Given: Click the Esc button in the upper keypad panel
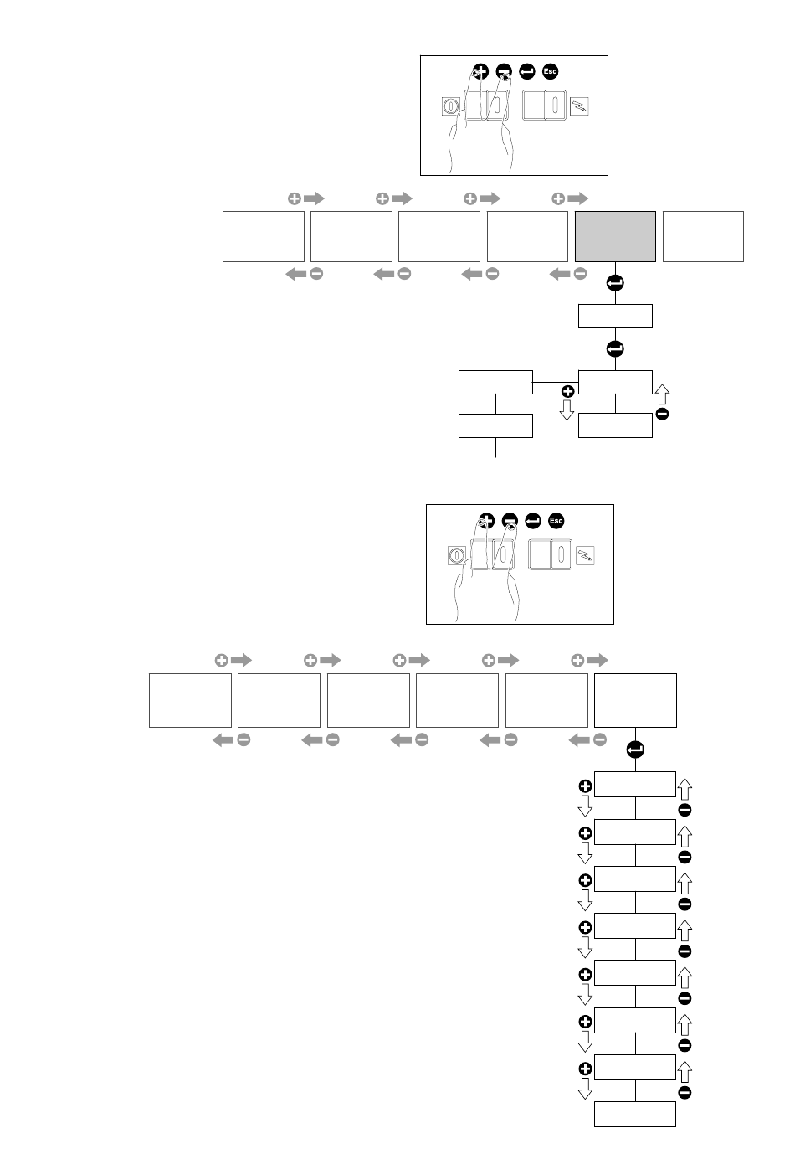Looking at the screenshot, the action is click(550, 71).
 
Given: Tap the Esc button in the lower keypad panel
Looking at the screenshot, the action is click(556, 520).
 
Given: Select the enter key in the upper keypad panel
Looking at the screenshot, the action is click(526, 71).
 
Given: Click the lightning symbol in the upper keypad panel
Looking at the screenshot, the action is click(580, 106).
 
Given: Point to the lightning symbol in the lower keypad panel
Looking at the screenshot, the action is click(586, 555).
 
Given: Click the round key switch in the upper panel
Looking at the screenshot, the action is click(451, 106).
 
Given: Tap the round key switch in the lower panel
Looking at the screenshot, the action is click(457, 555).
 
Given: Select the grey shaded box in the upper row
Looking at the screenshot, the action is click(615, 236).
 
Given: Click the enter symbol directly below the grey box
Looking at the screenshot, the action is click(615, 283).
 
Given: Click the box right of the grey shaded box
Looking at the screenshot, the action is click(703, 236).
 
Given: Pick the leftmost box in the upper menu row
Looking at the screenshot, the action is click(264, 236).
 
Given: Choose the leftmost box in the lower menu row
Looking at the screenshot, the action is click(191, 700).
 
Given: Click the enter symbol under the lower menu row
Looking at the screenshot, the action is click(635, 750).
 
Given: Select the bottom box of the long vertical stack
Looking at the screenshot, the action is click(635, 1114).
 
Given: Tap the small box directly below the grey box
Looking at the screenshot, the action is click(615, 316).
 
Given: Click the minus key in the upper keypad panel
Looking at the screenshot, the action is click(504, 71).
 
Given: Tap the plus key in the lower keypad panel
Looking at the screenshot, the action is click(486, 520).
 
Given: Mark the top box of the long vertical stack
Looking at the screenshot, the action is click(635, 784).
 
